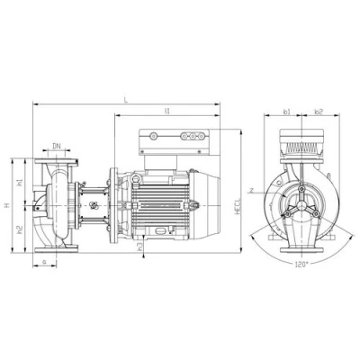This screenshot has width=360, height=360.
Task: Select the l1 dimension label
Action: coord(168,111)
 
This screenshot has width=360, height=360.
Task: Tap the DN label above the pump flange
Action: coord(57,145)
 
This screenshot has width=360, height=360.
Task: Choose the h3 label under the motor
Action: coord(141,245)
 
